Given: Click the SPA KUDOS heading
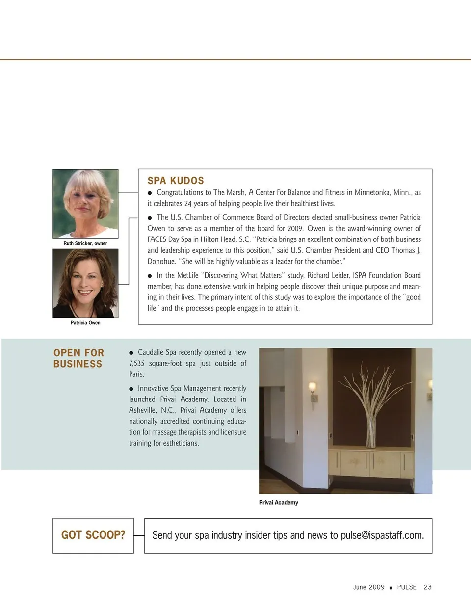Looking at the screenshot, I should [x=176, y=181].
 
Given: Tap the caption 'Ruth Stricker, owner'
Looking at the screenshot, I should [x=85, y=243].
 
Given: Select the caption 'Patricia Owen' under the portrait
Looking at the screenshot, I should [x=85, y=323].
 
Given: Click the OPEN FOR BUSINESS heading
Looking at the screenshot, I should [x=78, y=358].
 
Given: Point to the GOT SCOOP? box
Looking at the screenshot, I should [x=93, y=535].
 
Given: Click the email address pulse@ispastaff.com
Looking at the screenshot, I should [x=382, y=535].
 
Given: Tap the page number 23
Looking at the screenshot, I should [x=428, y=587].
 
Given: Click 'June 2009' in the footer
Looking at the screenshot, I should [x=368, y=587].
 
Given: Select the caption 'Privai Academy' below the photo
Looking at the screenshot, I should [x=279, y=503].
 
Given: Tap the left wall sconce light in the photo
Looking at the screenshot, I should [x=312, y=390].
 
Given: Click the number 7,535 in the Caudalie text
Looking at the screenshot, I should [x=137, y=364].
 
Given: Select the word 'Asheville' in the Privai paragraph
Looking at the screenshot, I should [x=143, y=410].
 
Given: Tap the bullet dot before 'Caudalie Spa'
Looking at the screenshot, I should [x=131, y=353].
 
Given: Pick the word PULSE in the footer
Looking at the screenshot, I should [x=407, y=587].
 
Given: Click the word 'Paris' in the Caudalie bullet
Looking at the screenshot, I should [x=136, y=374].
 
